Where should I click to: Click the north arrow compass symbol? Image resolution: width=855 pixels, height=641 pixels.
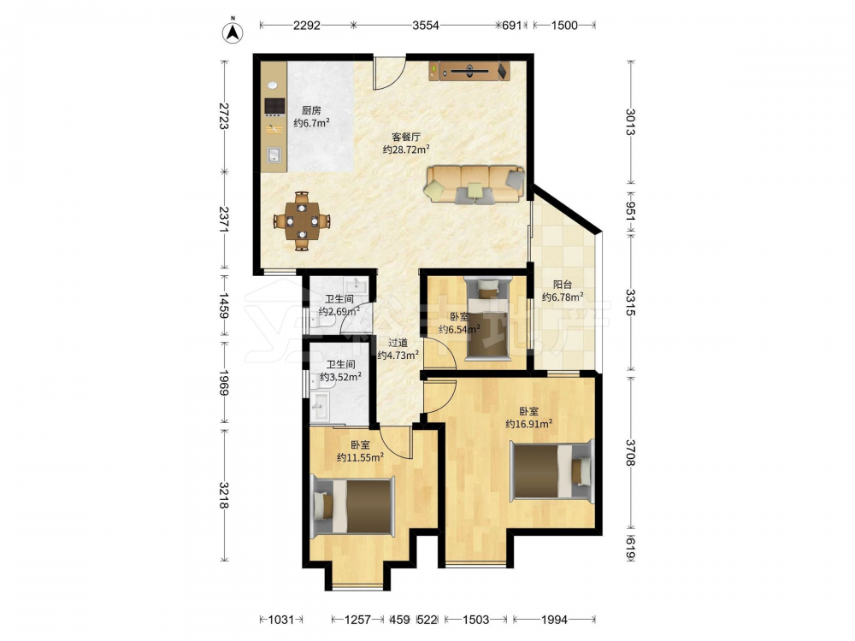[233, 32]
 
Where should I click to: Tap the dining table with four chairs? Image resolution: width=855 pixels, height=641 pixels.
[302, 221]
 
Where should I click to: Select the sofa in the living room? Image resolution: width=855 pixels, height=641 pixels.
[475, 185]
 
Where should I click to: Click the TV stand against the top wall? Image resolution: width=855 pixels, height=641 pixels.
[469, 71]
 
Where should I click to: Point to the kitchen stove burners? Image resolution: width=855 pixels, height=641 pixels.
[274, 107]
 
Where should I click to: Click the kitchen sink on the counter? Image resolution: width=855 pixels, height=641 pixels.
[274, 156]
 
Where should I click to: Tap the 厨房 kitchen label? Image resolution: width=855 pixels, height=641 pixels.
[311, 110]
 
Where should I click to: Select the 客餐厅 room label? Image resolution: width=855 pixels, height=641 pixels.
[405, 137]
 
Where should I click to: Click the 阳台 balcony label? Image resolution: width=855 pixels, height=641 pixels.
[563, 284]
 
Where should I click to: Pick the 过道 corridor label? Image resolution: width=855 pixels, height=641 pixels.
[398, 343]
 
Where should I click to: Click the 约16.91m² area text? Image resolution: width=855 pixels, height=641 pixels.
[529, 424]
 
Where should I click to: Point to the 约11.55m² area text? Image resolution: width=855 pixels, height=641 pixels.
[360, 457]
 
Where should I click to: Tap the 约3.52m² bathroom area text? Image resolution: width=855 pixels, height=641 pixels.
[340, 377]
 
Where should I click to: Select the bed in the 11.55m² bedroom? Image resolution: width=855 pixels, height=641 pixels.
[353, 506]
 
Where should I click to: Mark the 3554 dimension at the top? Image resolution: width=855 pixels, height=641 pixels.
[425, 25]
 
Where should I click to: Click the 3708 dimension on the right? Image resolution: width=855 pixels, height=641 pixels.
[630, 452]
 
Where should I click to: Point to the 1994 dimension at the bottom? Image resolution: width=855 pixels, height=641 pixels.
[554, 619]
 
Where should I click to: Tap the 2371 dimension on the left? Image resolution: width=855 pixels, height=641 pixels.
[223, 220]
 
